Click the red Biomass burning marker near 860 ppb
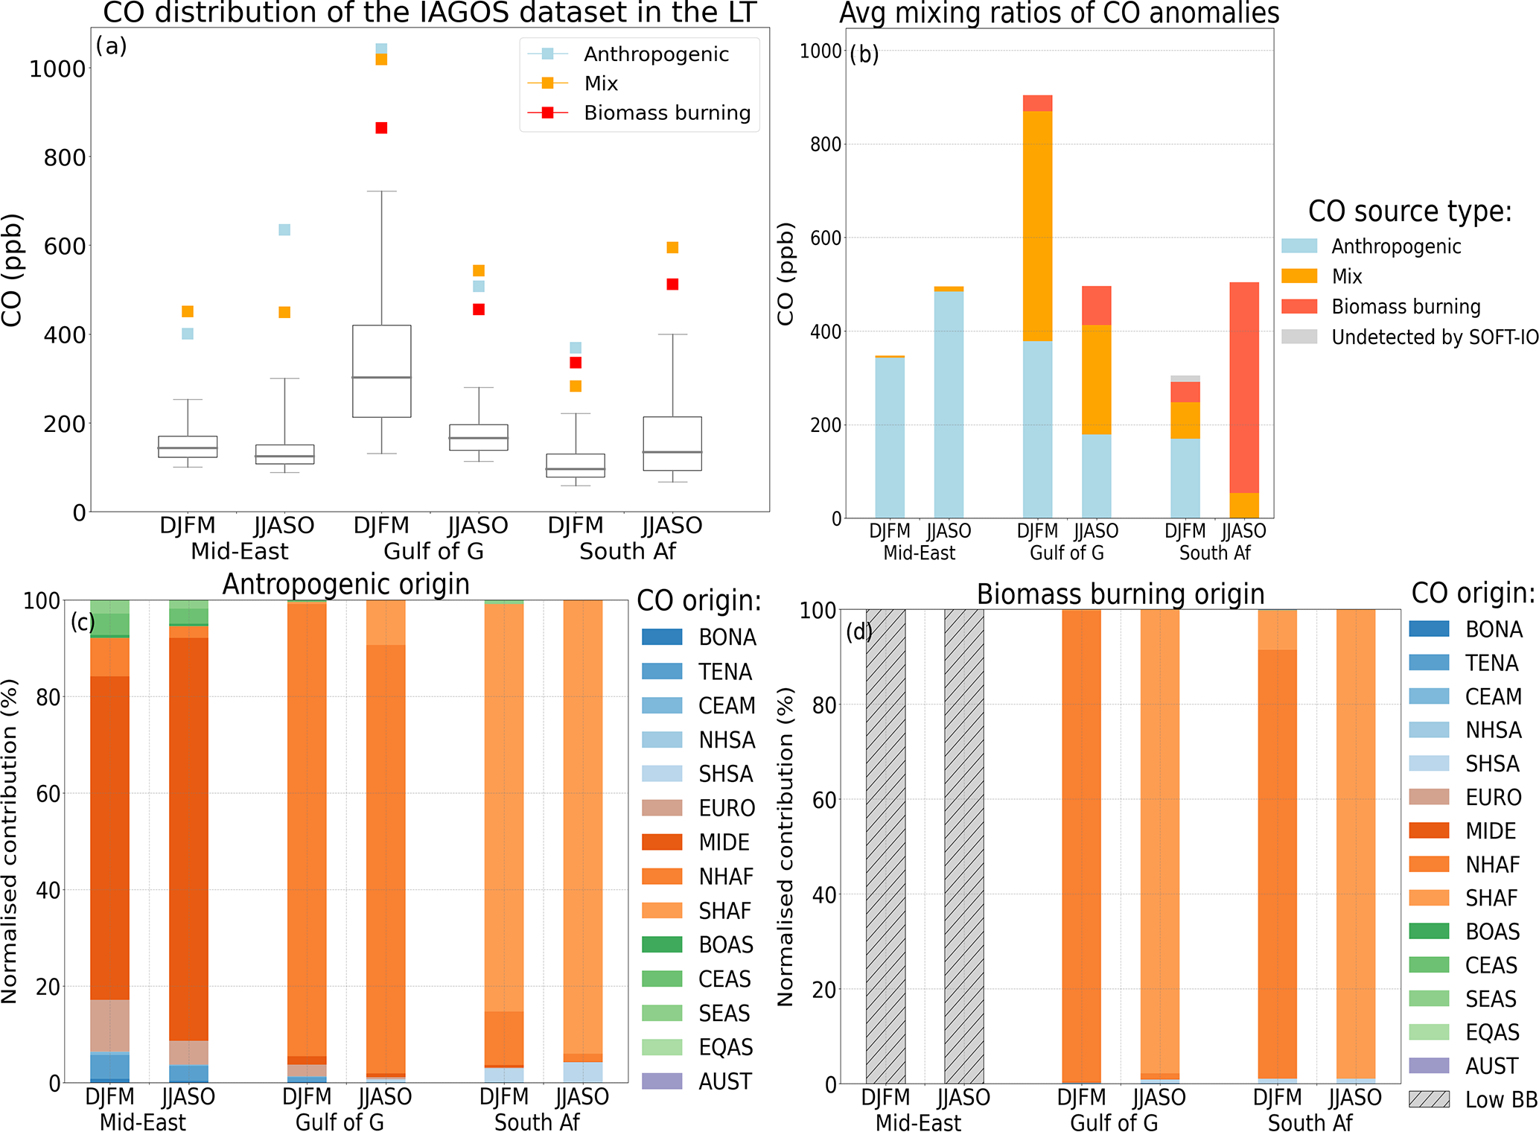coord(381,128)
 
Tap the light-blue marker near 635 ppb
coord(284,229)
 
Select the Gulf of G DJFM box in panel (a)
coord(381,371)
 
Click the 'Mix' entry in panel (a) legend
coord(601,83)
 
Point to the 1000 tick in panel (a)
coord(57,69)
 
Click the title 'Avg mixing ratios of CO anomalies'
coord(1059,13)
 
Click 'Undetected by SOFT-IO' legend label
coord(1434,337)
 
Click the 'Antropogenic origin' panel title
coord(346,584)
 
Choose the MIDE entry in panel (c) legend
coord(724,842)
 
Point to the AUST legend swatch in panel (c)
coord(662,1081)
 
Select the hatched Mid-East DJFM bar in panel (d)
coord(885,846)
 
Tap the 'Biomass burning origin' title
coord(1121,594)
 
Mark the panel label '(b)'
coord(864,54)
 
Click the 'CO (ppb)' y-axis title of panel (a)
coord(13,270)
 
